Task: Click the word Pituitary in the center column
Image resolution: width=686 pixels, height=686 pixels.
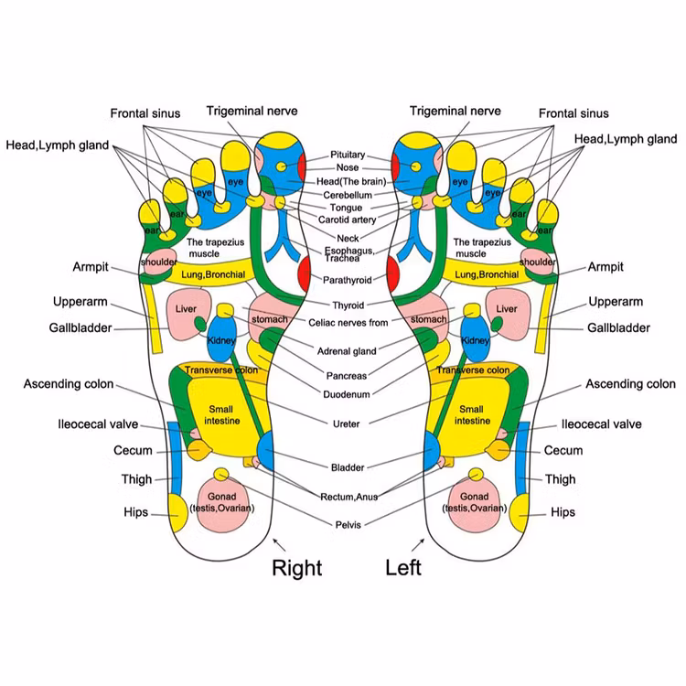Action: [x=348, y=155]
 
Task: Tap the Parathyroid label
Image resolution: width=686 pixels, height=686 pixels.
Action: [x=348, y=280]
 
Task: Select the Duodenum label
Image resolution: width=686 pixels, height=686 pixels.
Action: [x=348, y=394]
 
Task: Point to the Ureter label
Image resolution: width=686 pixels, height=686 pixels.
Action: [x=348, y=423]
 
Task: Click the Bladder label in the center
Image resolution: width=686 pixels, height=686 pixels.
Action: [x=348, y=467]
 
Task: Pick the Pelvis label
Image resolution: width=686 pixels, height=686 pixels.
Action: [x=348, y=524]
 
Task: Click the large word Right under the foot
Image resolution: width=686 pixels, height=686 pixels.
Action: [x=297, y=568]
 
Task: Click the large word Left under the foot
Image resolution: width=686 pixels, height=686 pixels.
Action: [x=403, y=568]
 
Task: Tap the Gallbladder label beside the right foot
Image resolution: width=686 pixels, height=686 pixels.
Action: [x=81, y=327]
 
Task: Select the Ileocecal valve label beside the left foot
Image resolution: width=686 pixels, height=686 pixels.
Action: [x=601, y=424]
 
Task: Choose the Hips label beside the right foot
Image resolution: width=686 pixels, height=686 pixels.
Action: [x=135, y=512]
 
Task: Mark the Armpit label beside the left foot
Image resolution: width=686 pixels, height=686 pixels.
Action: [x=606, y=267]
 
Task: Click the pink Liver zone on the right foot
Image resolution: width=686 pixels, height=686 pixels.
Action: [x=186, y=309]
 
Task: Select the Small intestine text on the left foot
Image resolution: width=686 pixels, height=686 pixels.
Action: [x=471, y=415]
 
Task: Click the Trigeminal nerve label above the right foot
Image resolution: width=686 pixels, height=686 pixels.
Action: [x=252, y=111]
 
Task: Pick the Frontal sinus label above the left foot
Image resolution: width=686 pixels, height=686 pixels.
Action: [x=573, y=113]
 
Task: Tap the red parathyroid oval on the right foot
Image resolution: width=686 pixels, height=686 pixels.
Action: [x=305, y=273]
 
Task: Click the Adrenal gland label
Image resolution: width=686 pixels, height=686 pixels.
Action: [x=348, y=351]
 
